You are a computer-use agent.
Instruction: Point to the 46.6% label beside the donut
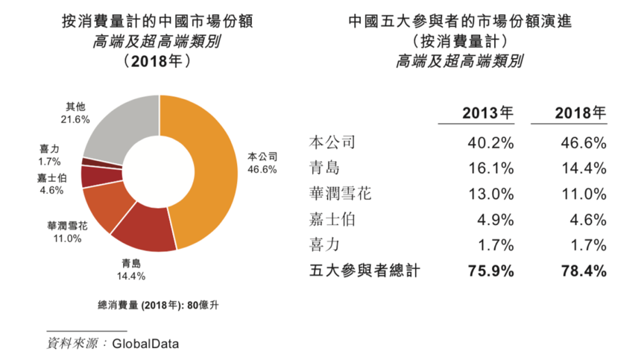tap(262, 169)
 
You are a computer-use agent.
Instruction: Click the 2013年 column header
tap(488, 113)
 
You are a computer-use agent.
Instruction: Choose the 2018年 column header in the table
tap(581, 113)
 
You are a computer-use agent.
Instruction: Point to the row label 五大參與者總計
tap(364, 271)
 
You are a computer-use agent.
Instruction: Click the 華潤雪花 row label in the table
tap(339, 194)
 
